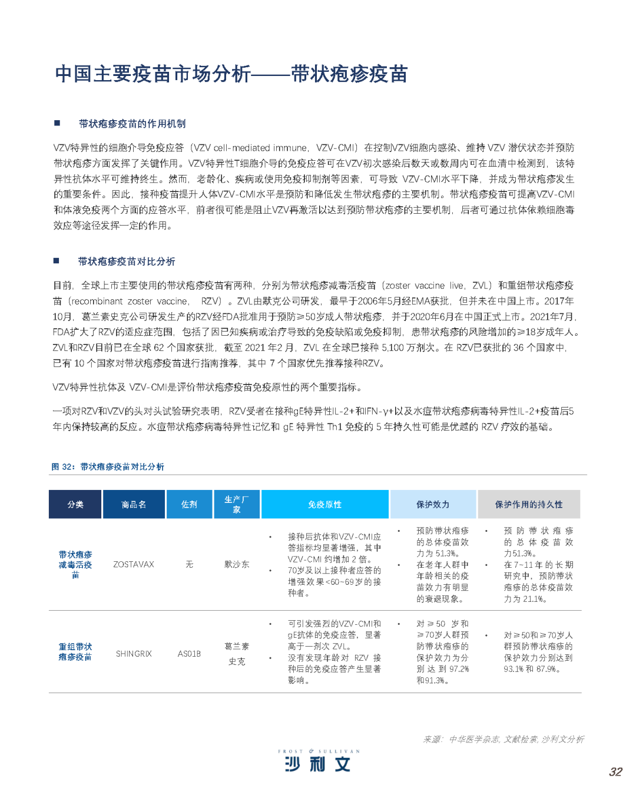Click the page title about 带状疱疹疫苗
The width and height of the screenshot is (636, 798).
click(x=231, y=74)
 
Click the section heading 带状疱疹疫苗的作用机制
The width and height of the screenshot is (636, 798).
click(x=132, y=124)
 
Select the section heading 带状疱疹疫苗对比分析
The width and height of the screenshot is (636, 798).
click(x=127, y=261)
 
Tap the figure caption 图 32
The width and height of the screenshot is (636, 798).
click(x=108, y=466)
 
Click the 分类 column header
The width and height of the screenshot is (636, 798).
click(x=75, y=504)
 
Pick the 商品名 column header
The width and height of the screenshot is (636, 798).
click(x=134, y=504)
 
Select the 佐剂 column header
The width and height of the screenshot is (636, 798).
click(x=189, y=504)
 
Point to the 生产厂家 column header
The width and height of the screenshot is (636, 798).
click(x=237, y=504)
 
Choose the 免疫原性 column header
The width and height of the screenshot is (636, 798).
click(x=324, y=504)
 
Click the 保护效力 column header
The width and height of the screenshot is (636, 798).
click(x=433, y=504)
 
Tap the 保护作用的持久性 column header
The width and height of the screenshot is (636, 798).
click(x=529, y=504)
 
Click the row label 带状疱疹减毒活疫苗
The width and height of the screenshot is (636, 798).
click(x=75, y=565)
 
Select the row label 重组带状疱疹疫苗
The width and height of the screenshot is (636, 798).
click(x=75, y=652)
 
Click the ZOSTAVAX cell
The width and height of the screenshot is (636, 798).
click(x=134, y=564)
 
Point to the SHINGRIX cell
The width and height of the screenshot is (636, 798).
click(x=134, y=654)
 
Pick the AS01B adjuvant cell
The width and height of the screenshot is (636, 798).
click(x=189, y=654)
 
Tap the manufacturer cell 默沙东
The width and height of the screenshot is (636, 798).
click(x=237, y=564)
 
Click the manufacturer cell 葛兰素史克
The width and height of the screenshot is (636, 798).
click(x=237, y=654)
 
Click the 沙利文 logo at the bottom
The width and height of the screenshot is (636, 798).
click(x=318, y=762)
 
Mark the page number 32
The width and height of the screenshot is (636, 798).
click(x=615, y=772)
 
